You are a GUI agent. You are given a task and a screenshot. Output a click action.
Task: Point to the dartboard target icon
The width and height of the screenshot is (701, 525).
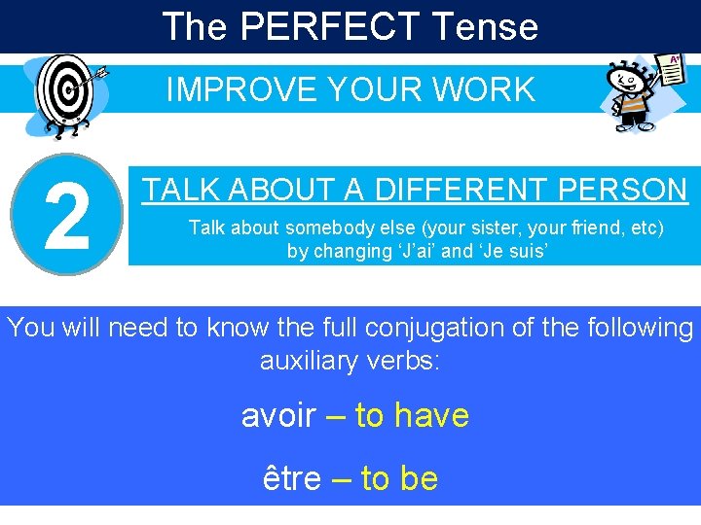tap(64, 94)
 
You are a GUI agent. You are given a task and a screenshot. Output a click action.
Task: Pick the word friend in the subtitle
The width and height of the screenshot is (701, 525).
tap(600, 228)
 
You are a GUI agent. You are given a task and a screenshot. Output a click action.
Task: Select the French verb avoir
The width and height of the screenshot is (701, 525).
tap(278, 416)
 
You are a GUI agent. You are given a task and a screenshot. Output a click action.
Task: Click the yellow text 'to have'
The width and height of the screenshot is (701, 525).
tap(412, 416)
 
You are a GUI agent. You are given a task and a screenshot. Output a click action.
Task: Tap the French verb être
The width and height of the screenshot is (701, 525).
tap(292, 478)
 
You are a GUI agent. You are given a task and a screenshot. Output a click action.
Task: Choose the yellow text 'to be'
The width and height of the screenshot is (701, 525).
tap(399, 478)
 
